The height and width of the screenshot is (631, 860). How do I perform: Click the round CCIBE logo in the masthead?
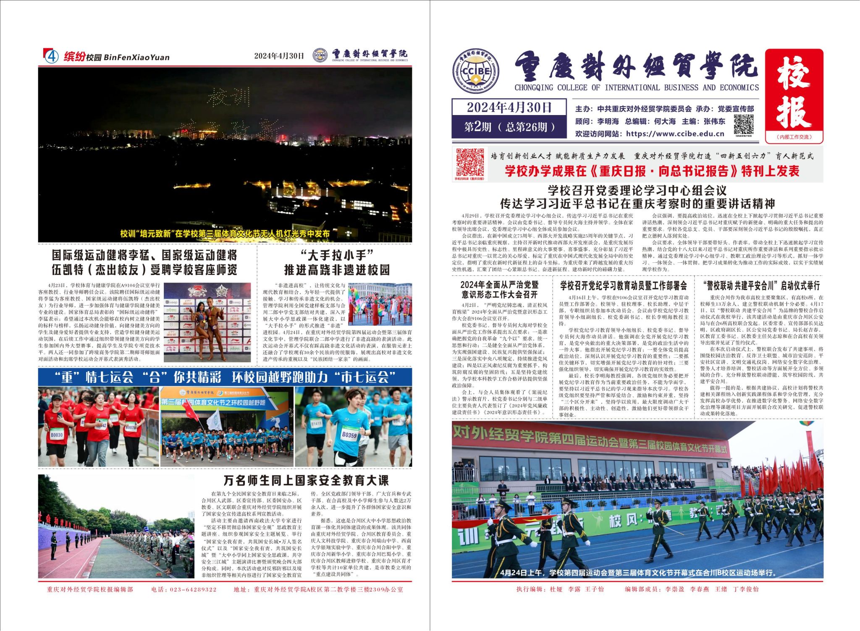[475, 72]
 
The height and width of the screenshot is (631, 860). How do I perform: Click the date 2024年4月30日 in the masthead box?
[509, 107]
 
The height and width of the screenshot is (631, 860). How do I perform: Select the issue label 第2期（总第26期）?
[509, 127]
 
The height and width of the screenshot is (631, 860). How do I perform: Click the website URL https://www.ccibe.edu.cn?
[675, 134]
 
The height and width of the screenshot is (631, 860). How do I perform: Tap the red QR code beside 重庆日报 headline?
[470, 162]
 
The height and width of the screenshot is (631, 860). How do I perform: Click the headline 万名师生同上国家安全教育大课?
[306, 480]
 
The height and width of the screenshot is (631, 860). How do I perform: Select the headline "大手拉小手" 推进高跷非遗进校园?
[337, 262]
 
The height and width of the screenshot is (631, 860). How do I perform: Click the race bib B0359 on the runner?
[349, 435]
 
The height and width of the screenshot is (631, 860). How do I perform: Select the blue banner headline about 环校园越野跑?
[225, 377]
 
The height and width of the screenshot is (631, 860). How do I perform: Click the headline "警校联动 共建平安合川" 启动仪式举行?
[761, 286]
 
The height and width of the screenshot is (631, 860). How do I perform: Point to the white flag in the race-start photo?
[214, 419]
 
